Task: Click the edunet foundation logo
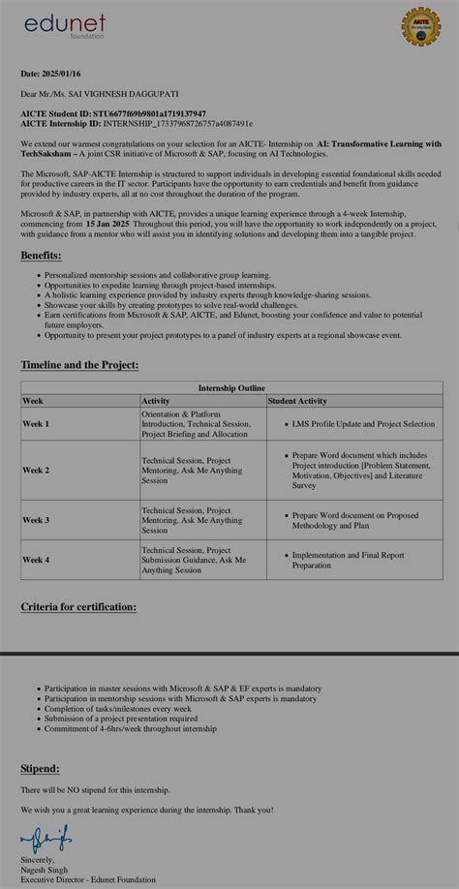[65, 25]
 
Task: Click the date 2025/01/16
[61, 74]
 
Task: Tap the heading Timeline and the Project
[79, 365]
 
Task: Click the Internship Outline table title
[231, 387]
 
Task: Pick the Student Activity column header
[297, 401]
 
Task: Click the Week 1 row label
[36, 424]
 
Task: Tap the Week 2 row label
[36, 470]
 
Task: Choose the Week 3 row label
[36, 520]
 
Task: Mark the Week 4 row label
[36, 560]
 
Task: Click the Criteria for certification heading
[78, 607]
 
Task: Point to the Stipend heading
[40, 768]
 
